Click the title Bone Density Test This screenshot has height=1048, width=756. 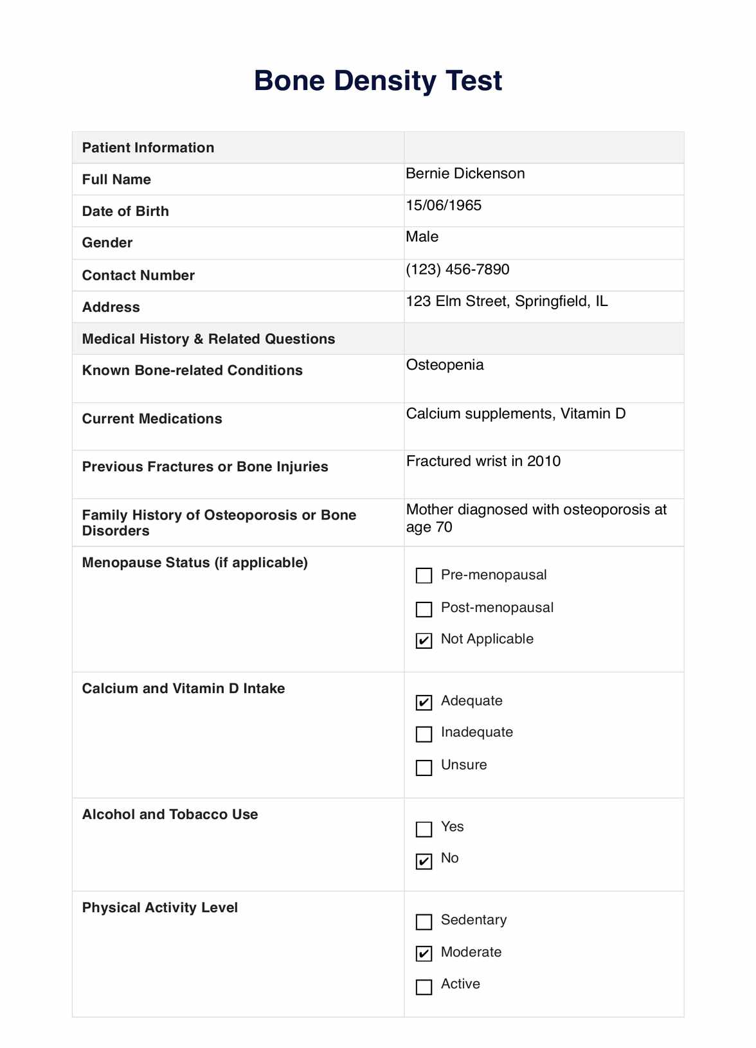[x=378, y=81]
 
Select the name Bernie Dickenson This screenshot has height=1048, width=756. [x=465, y=174]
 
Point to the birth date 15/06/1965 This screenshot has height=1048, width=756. [x=444, y=206]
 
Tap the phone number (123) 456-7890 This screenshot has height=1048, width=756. [x=457, y=269]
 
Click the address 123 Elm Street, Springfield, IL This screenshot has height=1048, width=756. [x=507, y=302]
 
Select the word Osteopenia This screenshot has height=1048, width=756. [x=445, y=365]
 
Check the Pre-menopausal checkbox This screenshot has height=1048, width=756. [x=424, y=575]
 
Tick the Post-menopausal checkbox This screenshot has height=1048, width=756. [x=424, y=608]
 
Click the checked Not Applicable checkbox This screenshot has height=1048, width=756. [x=424, y=640]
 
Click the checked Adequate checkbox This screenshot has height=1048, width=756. [x=424, y=702]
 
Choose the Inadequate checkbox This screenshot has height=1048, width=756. [x=424, y=734]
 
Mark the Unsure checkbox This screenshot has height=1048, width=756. [x=424, y=767]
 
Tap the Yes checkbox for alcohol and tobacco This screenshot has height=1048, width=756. [x=424, y=829]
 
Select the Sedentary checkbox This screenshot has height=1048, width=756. [x=424, y=922]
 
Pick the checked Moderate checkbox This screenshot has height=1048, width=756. [x=424, y=953]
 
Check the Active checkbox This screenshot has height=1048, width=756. [x=424, y=986]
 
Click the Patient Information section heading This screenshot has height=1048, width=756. [x=148, y=148]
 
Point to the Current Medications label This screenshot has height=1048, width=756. [x=152, y=419]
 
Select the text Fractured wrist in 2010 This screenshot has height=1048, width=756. [x=483, y=462]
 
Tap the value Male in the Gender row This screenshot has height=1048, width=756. [x=422, y=237]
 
